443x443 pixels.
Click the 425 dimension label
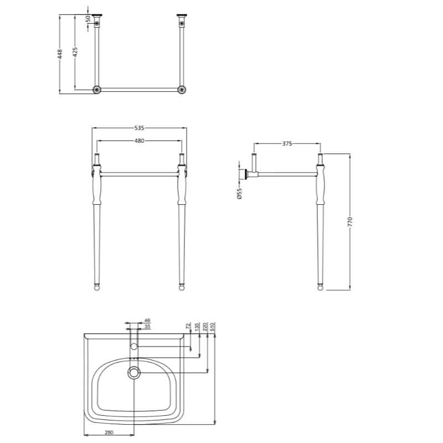(x=75, y=51)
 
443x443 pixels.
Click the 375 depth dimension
(x=287, y=143)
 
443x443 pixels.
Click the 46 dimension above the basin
(x=147, y=320)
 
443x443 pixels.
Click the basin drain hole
(x=133, y=372)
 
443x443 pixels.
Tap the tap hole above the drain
(x=133, y=347)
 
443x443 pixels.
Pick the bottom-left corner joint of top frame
(x=97, y=89)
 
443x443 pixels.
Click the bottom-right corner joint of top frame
(x=181, y=89)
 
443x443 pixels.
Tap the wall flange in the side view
(x=242, y=175)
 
